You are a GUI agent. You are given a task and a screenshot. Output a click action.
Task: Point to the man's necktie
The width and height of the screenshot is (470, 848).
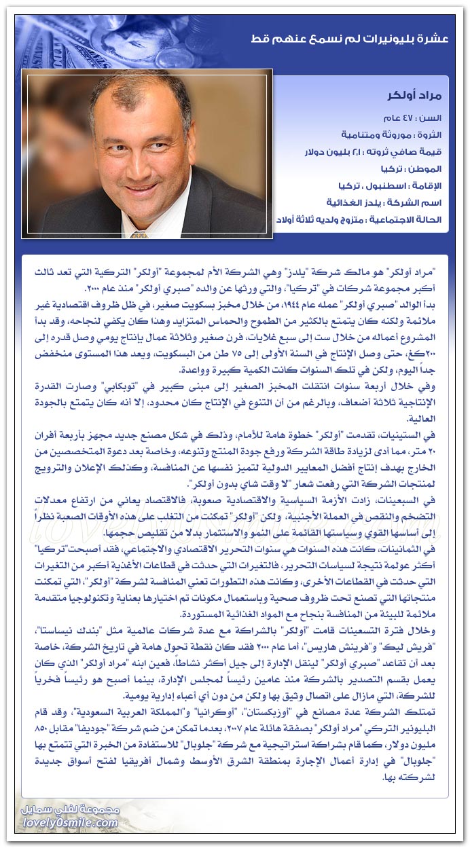[139, 235]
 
